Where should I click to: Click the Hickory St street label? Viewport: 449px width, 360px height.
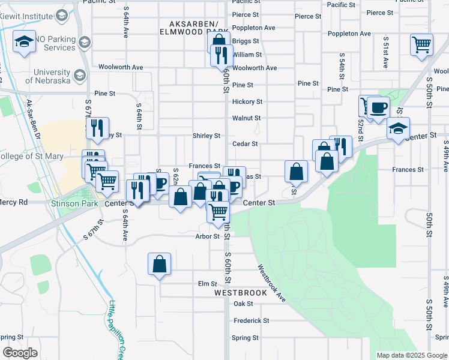(247, 102)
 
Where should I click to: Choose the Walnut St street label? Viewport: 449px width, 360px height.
(246, 118)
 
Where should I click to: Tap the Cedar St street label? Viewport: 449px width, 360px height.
(245, 144)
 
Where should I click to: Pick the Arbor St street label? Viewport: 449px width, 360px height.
(208, 236)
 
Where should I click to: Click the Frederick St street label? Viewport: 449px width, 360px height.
(251, 320)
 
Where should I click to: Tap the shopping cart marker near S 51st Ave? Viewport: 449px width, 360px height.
(422, 45)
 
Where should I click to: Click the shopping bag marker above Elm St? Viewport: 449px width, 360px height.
(159, 263)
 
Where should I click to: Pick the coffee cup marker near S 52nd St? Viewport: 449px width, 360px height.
(378, 108)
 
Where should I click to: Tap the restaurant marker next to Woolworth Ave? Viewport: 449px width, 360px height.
(221, 55)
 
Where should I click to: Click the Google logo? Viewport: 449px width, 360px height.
(20, 352)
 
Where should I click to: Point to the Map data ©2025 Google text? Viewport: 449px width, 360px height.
(411, 355)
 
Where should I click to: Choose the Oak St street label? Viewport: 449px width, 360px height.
(243, 304)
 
